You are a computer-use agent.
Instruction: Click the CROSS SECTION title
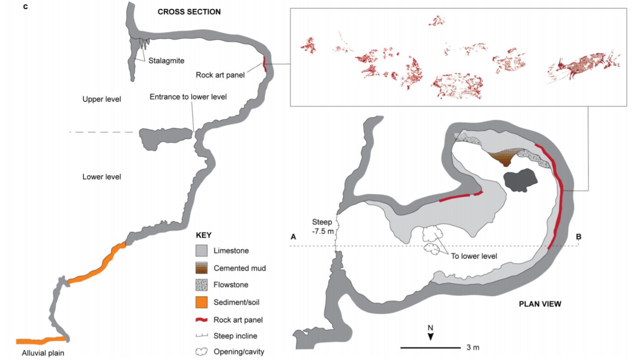click(189, 12)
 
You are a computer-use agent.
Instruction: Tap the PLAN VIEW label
click(540, 304)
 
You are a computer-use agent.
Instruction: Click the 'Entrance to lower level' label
click(188, 97)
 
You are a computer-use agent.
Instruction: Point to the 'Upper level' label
click(101, 100)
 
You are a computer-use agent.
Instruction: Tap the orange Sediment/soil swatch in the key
click(201, 302)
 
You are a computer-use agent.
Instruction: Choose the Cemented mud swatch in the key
click(201, 267)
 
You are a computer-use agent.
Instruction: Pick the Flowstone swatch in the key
click(201, 284)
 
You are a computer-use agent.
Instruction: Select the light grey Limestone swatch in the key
click(201, 251)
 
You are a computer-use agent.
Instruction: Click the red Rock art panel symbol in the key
click(201, 319)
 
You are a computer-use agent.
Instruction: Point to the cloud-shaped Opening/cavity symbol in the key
click(201, 352)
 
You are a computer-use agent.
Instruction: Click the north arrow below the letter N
click(431, 336)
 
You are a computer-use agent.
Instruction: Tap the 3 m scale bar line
click(430, 348)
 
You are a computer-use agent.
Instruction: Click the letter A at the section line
click(292, 237)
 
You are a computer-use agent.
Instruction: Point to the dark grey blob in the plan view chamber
click(521, 180)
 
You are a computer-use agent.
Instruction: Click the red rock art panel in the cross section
click(264, 65)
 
